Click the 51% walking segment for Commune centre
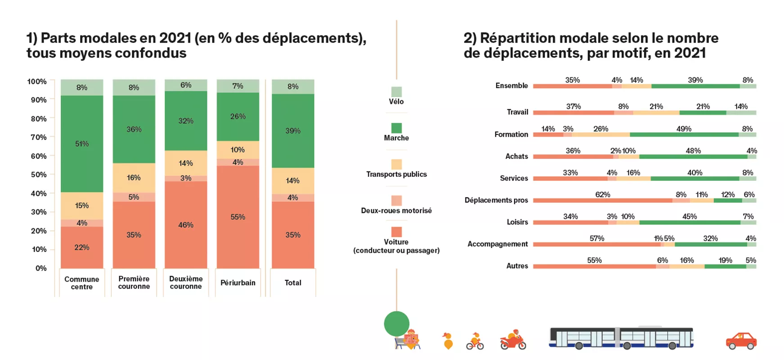coord(82,144)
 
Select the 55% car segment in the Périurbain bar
coord(238,217)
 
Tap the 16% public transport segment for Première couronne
coord(134,178)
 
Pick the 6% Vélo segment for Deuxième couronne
coord(186,85)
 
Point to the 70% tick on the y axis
coord(38,137)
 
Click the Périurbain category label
coord(238,283)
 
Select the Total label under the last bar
coord(293,283)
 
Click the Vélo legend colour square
coord(397,91)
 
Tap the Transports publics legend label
coord(397,174)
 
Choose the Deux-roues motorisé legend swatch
coord(397,200)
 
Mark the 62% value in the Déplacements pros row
coord(603,194)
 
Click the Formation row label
coord(511,134)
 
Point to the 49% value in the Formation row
coord(684,129)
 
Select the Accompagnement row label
coord(497,244)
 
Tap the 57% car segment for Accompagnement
coord(597,244)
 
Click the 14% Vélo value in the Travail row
coord(741,107)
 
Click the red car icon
coord(741,341)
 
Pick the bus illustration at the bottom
coord(621,337)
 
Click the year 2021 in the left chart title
coord(175,38)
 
